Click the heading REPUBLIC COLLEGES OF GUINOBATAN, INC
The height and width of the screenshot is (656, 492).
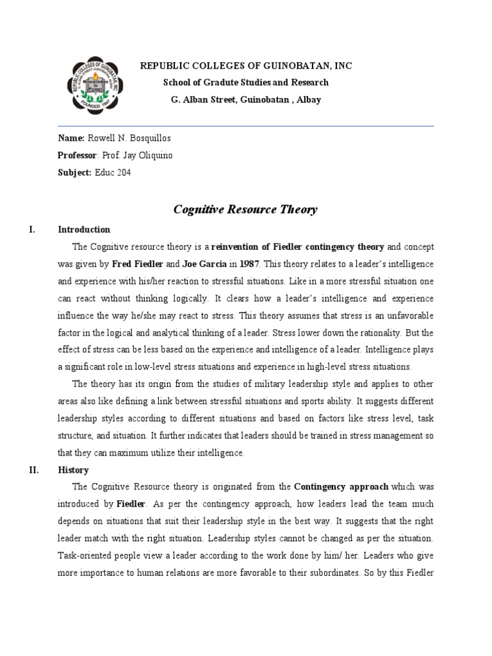point(246,66)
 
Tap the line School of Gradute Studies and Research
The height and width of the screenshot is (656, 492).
point(246,83)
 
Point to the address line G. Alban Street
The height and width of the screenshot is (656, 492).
point(246,99)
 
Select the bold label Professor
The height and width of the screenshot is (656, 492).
point(77,156)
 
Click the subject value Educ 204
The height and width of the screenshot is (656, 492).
point(113,172)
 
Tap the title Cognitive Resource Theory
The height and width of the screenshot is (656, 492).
point(246,209)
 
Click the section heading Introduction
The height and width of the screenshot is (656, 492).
point(84,229)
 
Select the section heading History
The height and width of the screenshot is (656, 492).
point(74,470)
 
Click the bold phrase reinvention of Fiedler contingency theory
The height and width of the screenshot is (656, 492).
point(298,247)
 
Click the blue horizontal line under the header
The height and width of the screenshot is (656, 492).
point(246,126)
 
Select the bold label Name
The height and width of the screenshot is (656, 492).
point(70,138)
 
